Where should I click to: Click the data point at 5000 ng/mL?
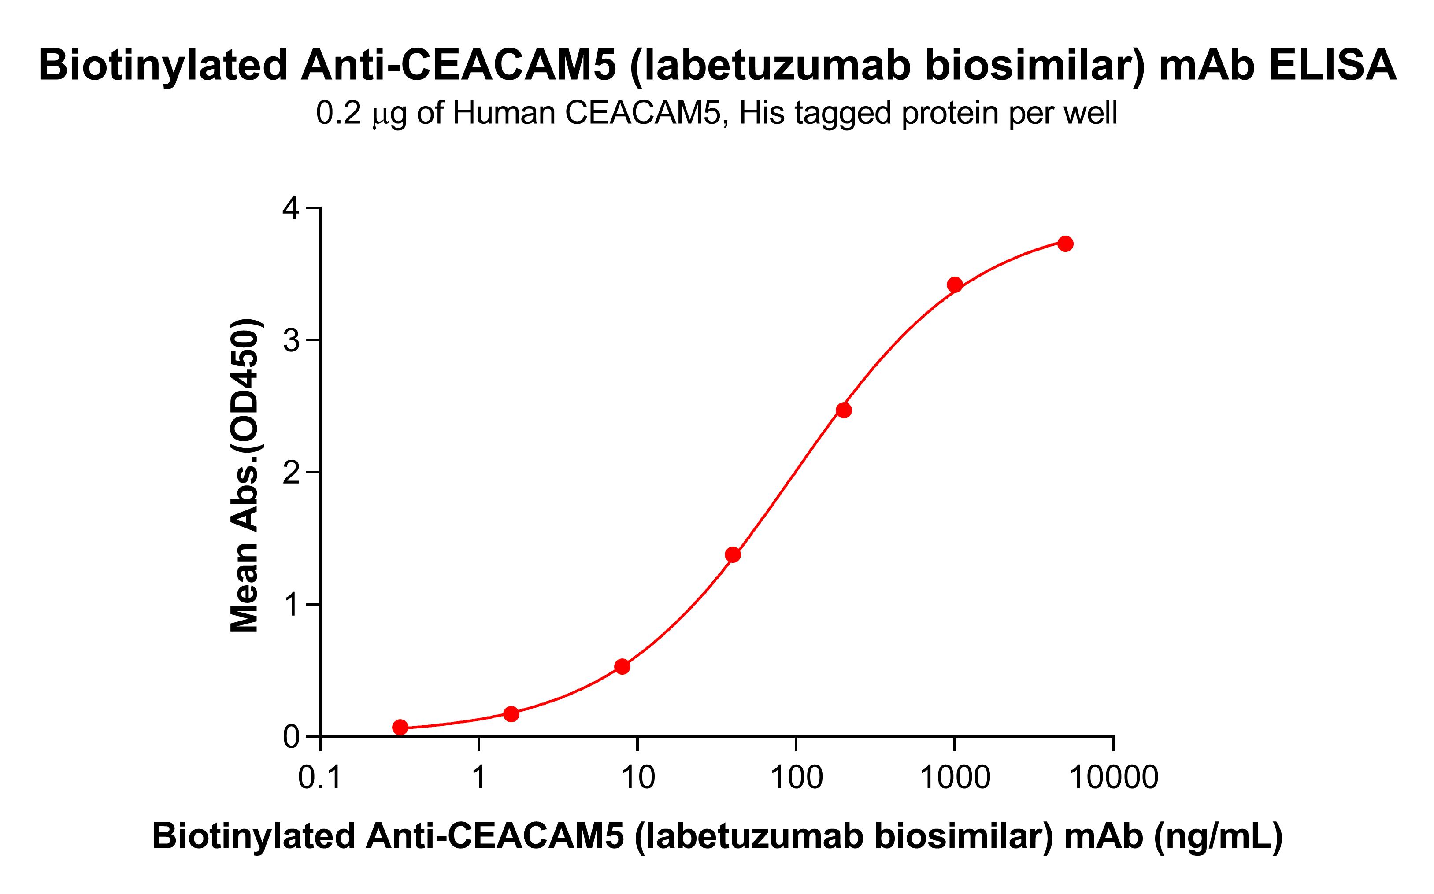(1065, 244)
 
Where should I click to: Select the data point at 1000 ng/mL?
(954, 285)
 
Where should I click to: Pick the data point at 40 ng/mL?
(733, 554)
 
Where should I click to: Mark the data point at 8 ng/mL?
(622, 667)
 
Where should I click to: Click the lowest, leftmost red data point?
(400, 727)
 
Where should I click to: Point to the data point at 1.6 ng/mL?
(511, 714)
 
